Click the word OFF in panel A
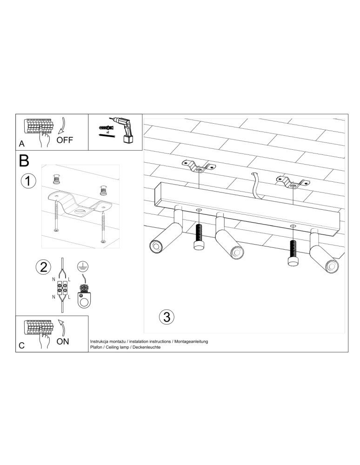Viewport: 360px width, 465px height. click(65, 140)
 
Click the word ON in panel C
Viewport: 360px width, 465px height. click(62, 342)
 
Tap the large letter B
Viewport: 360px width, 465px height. click(24, 161)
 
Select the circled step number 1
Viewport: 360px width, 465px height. click(28, 180)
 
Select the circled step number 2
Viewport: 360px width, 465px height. click(43, 267)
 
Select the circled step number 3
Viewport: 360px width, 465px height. click(166, 317)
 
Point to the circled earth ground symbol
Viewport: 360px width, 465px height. click(82, 266)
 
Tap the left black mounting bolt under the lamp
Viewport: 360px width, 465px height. click(199, 238)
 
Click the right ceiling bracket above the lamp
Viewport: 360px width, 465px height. click(292, 182)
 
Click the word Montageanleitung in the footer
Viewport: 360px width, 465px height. click(191, 341)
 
